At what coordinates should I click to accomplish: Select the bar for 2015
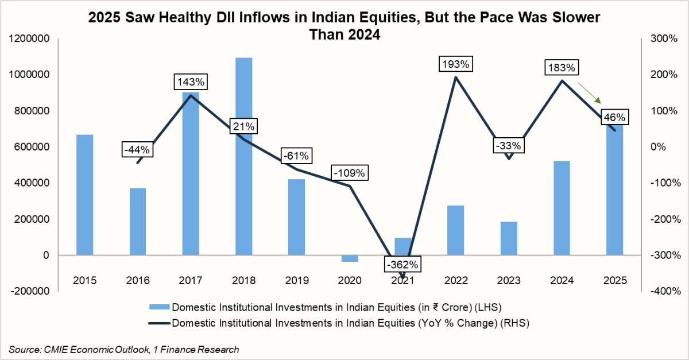coord(84,195)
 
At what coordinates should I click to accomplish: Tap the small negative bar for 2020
coord(350,258)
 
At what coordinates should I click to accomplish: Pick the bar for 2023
coord(509,238)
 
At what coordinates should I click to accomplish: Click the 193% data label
coord(455,64)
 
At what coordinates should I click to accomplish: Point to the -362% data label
coord(402,265)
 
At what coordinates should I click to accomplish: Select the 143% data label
coord(191,82)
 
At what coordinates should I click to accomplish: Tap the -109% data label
coord(350,172)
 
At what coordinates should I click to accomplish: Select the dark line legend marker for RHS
coord(159,323)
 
